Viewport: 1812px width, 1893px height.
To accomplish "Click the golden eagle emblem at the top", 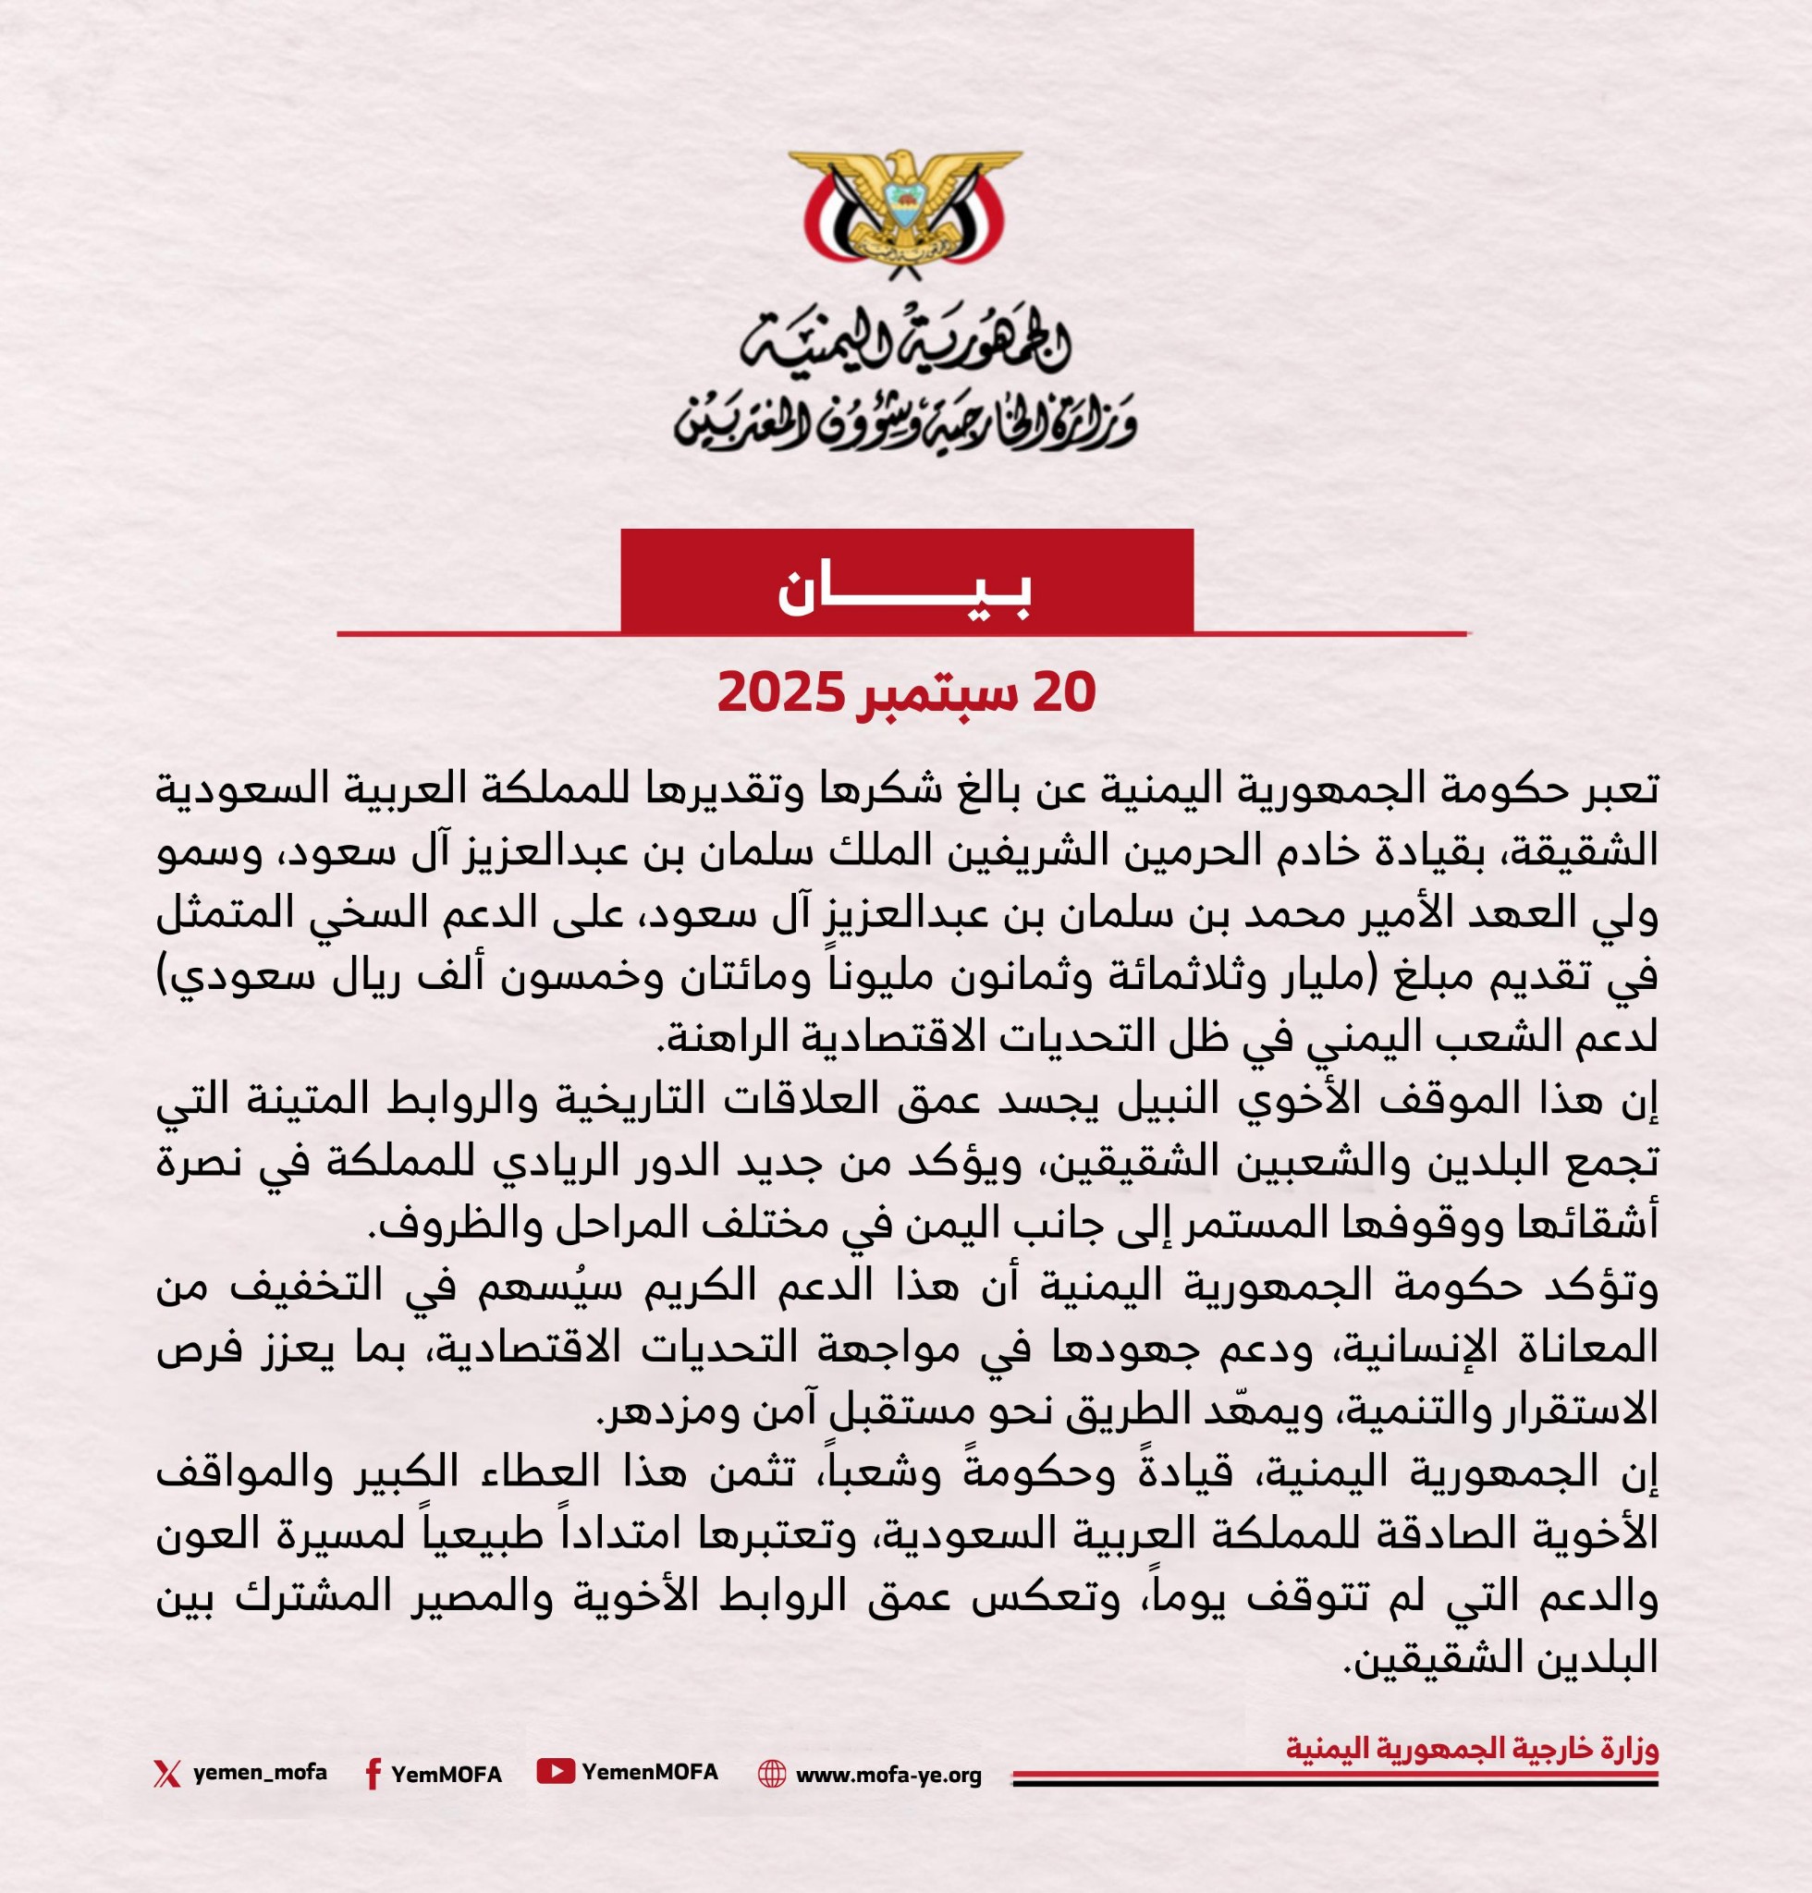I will click(904, 210).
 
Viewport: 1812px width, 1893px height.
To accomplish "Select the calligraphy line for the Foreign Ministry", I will click(904, 422).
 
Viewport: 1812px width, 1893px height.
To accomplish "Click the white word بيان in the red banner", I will click(905, 594).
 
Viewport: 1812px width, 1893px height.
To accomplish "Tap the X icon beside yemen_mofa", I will click(167, 1773).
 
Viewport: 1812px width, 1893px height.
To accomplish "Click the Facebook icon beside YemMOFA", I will click(372, 1774).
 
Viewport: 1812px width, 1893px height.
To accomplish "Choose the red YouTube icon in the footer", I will click(556, 1771).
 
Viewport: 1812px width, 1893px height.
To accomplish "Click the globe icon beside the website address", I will click(772, 1774).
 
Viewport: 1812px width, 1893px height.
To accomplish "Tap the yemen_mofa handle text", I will click(260, 1772).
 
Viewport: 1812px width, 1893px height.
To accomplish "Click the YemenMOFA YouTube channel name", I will click(649, 1771).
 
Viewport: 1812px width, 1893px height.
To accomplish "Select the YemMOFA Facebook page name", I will click(447, 1774).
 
